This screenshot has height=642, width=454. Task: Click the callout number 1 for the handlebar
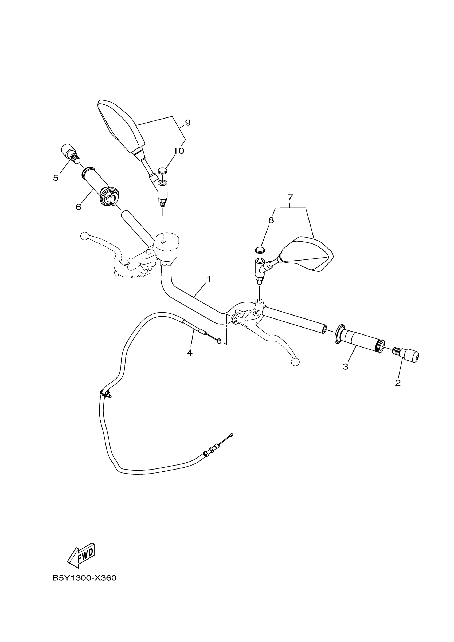point(208,279)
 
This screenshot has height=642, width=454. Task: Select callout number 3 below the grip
point(345,367)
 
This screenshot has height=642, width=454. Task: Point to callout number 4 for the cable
point(190,353)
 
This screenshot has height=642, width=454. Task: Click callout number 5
point(56,178)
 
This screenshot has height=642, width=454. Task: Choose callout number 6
point(78,207)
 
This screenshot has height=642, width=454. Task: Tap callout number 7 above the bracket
point(290,198)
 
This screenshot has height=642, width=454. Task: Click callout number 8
point(271,220)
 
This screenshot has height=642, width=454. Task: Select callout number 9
point(188,123)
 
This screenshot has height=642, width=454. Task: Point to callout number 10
point(178,151)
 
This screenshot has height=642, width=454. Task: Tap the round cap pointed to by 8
point(260,250)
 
